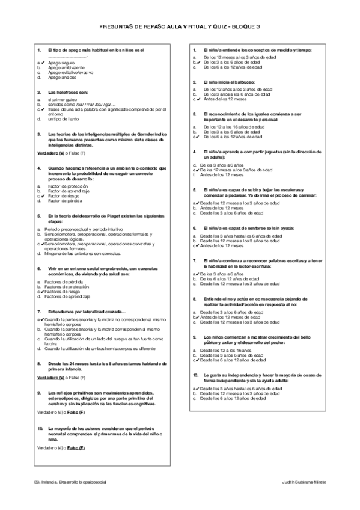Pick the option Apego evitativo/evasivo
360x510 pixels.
click(70, 73)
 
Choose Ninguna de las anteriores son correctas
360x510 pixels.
click(81, 253)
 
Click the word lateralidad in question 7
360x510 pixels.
click(90, 311)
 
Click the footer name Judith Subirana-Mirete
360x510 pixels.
click(304, 483)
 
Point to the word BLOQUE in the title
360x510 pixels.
click(243, 27)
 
